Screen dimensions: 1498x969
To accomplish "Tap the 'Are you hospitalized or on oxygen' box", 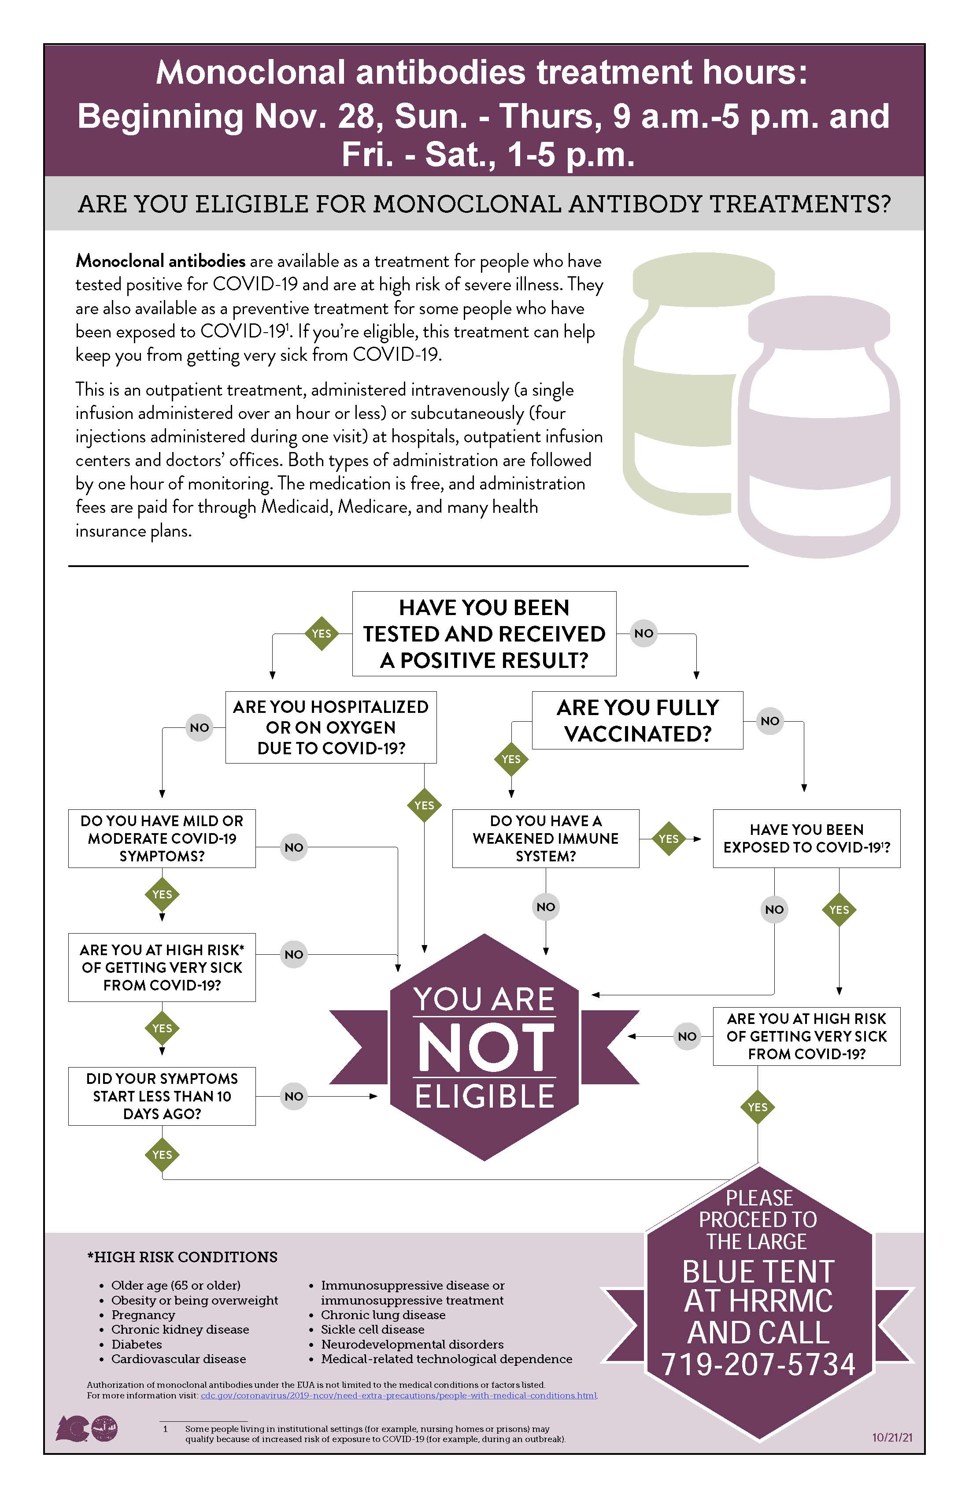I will (x=331, y=727).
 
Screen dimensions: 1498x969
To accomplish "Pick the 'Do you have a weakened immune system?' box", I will (x=546, y=838).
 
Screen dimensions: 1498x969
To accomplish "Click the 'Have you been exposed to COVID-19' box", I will (x=806, y=838).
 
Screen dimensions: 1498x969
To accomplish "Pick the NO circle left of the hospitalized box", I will (x=200, y=727).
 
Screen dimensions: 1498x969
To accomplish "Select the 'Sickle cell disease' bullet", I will (x=373, y=1329).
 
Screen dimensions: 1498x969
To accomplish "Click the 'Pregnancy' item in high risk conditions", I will (x=144, y=1315).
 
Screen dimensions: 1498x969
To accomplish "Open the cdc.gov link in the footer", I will (x=399, y=1395).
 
